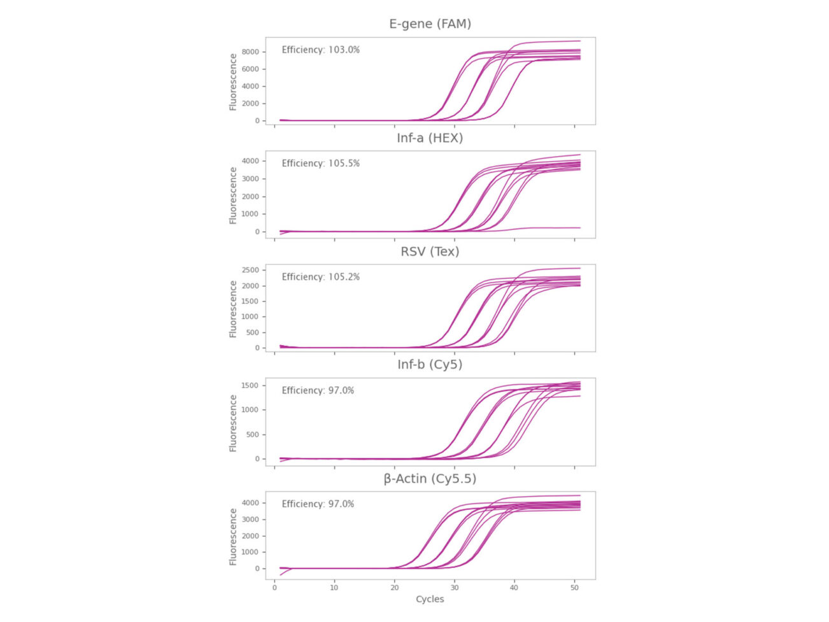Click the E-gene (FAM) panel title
(430, 24)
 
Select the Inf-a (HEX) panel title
(430, 138)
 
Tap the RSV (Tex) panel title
(430, 251)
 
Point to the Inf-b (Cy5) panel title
(430, 365)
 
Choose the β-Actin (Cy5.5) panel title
(430, 478)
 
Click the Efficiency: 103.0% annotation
(320, 50)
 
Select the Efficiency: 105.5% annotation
(320, 164)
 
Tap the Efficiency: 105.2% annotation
(320, 277)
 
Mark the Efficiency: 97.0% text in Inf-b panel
(318, 390)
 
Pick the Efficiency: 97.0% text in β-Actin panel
(318, 504)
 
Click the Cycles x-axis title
(430, 599)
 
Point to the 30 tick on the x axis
(455, 587)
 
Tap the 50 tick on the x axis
(574, 587)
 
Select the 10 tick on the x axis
(334, 587)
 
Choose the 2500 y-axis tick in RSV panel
(250, 271)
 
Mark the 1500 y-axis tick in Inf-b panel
(250, 386)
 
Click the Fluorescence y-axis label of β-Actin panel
(233, 536)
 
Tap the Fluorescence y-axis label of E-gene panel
(233, 81)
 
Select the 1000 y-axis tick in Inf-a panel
(250, 214)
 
